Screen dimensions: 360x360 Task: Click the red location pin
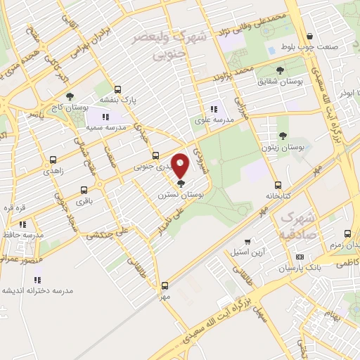coord(181,166)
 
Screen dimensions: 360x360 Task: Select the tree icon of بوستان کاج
coord(69,97)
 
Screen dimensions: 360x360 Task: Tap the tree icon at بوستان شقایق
coord(281,70)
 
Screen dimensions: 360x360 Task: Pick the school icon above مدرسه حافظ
coord(22,224)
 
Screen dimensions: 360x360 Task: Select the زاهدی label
coord(53,171)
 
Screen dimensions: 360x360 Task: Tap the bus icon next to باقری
coord(84,191)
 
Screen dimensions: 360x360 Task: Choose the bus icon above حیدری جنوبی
coord(155,156)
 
